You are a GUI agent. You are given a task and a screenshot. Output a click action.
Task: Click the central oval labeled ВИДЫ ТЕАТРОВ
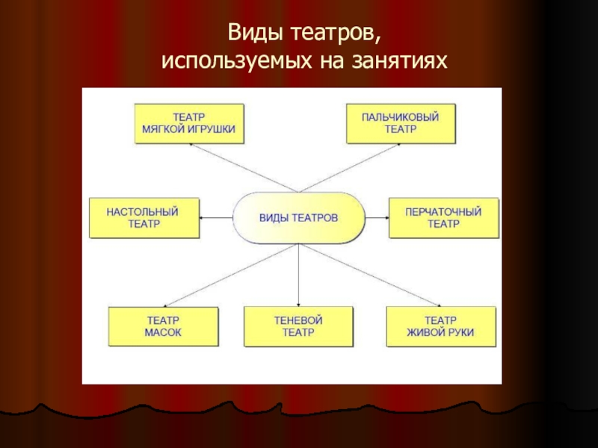(299, 217)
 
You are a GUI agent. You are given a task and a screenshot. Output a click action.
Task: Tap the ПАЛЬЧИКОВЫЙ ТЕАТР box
(401, 123)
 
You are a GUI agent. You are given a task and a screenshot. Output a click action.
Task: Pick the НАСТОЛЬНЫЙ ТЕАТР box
(144, 217)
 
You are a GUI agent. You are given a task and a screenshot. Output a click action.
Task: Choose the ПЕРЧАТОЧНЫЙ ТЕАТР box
(443, 217)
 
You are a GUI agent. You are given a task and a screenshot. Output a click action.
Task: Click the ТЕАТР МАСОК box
(164, 327)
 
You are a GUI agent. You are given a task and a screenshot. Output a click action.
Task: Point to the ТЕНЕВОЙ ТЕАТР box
(298, 327)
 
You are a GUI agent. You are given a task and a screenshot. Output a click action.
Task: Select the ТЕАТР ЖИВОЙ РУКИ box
(440, 327)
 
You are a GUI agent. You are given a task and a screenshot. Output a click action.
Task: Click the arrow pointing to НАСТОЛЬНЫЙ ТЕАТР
(216, 217)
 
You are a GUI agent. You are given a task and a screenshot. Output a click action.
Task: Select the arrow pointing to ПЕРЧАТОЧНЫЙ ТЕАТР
(377, 217)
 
